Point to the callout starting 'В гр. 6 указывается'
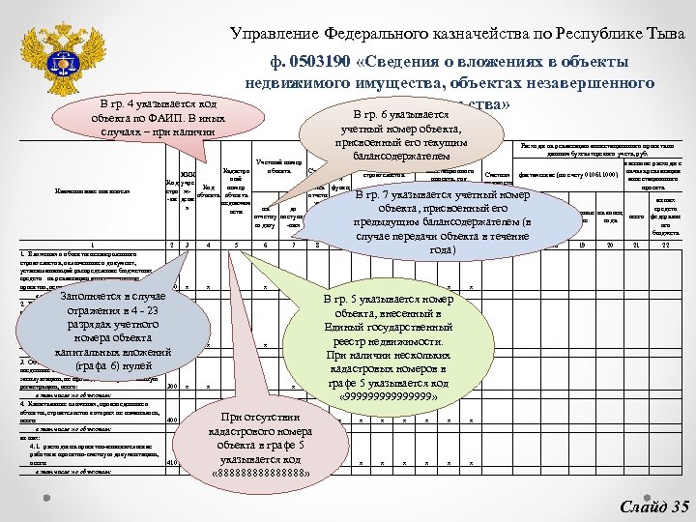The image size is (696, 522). (x=391, y=134)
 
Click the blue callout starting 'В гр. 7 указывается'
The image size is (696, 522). (x=442, y=221)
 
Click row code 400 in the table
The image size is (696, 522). (x=172, y=420)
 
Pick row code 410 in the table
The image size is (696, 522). (x=172, y=463)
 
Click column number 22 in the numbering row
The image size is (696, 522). (x=666, y=245)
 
